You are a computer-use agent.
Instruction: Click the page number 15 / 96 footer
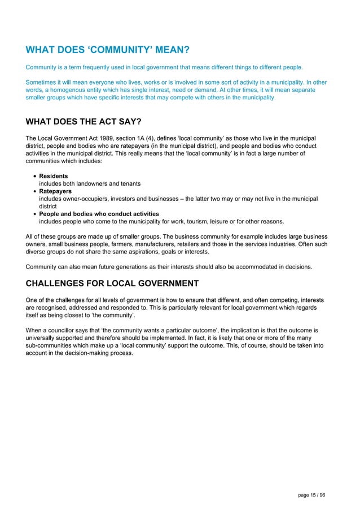311,495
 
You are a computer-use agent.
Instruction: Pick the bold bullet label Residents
54,176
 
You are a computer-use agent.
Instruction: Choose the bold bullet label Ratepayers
55,191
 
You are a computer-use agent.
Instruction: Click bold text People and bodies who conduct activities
99,214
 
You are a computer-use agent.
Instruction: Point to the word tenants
129,184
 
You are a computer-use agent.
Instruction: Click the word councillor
62,329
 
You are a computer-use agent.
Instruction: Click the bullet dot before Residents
35,177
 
